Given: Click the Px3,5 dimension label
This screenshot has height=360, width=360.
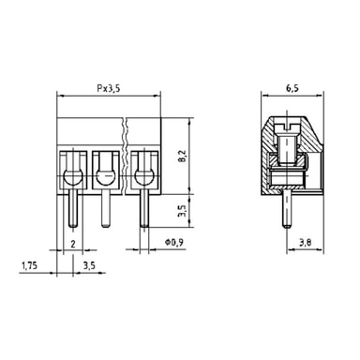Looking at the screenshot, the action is point(108,89).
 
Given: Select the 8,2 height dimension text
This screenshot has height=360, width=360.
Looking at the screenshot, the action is point(183,156).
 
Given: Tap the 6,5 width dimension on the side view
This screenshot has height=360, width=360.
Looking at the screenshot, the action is point(292,88).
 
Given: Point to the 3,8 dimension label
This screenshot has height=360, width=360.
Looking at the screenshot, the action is point(305,243).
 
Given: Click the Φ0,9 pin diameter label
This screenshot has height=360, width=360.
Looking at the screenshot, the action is point(173,242).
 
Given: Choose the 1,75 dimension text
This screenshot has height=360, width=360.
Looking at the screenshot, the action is point(29,265).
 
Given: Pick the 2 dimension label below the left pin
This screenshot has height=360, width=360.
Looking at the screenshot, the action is point(73,244).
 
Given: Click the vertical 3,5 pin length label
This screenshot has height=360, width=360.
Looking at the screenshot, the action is point(183,211).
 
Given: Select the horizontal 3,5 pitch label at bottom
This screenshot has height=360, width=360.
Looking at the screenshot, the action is point(89,265).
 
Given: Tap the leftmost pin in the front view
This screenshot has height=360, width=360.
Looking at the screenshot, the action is point(73,208).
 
